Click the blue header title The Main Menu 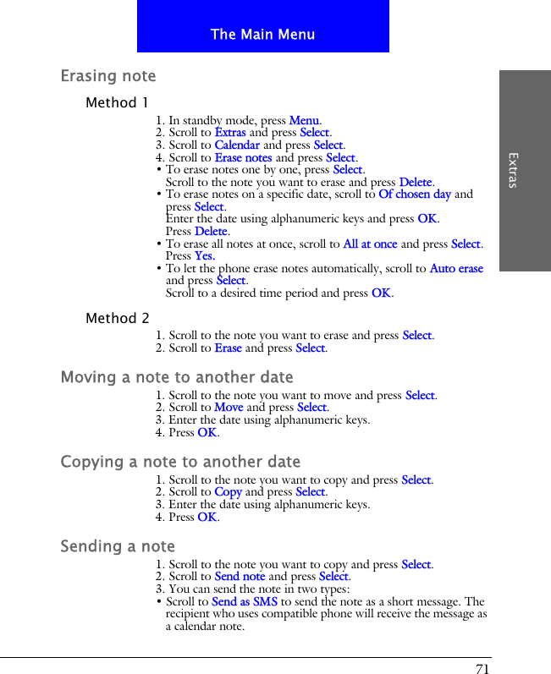click(262, 35)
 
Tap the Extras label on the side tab click(513, 170)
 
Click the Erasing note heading click(108, 76)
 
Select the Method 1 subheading click(117, 103)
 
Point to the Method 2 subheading click(118, 319)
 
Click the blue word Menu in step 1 click(304, 120)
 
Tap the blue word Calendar click(237, 145)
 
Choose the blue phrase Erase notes click(243, 157)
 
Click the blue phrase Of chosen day click(415, 194)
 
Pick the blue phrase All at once click(370, 244)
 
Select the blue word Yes click(204, 256)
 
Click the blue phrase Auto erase click(456, 269)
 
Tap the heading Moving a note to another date click(177, 377)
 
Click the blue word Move click(229, 408)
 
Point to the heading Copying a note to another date click(180, 462)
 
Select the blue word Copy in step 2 click(228, 492)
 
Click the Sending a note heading click(118, 546)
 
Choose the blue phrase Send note click(240, 577)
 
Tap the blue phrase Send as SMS click(245, 602)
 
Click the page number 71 click(482, 669)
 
